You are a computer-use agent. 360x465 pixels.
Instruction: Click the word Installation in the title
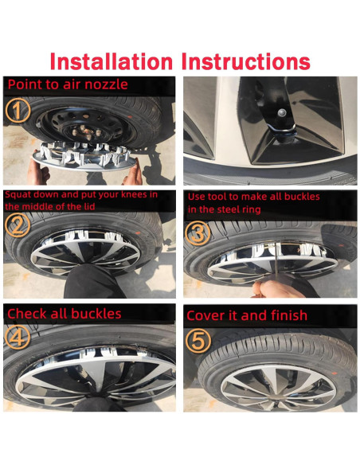tap(112, 61)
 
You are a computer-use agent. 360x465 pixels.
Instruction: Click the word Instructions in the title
tap(246, 61)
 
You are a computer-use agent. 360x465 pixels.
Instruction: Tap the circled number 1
tap(18, 111)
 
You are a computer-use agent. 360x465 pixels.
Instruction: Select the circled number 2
tap(18, 225)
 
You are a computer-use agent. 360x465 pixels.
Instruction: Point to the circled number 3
tap(198, 233)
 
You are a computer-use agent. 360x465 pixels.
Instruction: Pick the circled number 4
tap(18, 338)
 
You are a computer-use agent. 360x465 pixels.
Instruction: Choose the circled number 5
tap(198, 341)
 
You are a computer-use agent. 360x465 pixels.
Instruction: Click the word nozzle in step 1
tap(106, 84)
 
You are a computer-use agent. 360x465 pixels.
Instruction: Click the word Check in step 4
tap(27, 314)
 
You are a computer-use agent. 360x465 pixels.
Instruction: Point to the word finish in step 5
tap(288, 315)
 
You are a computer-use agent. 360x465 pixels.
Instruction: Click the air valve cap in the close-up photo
tap(282, 113)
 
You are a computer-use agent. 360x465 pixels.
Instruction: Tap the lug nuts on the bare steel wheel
tap(85, 131)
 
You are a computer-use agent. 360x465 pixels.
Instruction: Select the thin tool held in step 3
tap(276, 261)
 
